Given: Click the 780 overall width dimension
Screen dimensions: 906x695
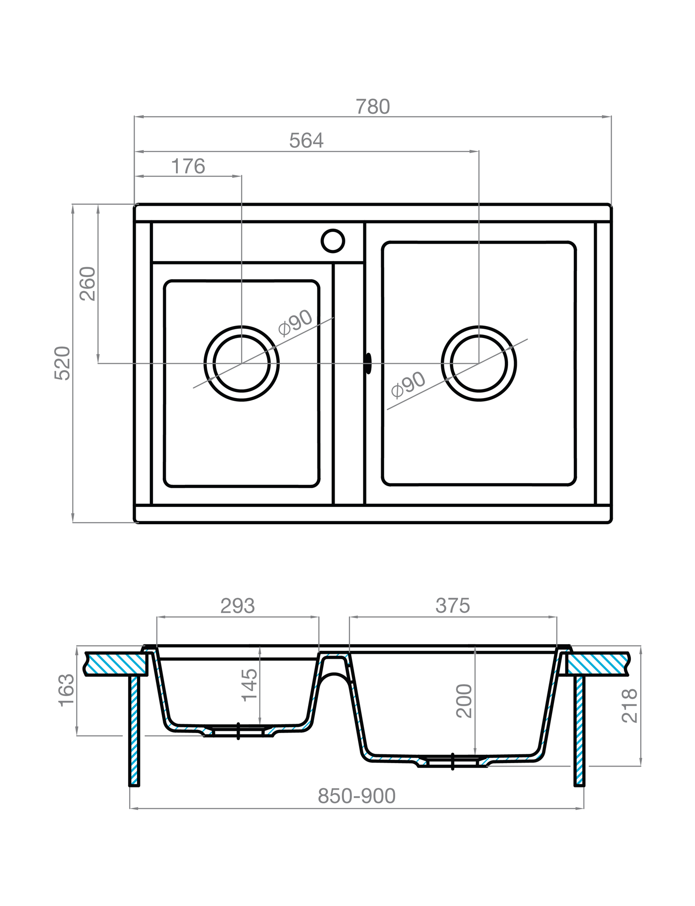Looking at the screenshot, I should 373,107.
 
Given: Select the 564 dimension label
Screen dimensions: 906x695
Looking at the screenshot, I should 306,141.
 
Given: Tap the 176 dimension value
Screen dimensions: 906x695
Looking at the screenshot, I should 188,167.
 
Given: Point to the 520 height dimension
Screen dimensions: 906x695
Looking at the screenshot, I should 62,363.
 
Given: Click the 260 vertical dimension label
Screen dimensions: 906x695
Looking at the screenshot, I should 88,284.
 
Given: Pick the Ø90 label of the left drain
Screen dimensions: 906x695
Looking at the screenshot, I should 295,322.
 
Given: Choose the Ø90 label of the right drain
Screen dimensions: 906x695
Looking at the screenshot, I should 409,384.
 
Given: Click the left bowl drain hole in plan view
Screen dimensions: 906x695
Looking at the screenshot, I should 241,363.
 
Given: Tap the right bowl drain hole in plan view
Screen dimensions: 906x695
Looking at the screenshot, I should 478,363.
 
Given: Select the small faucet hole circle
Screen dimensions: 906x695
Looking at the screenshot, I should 332,241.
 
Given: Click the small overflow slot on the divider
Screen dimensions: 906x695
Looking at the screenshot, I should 368,363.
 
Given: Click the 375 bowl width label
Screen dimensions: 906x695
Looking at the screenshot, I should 452,606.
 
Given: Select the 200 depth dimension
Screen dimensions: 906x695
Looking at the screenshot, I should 464,700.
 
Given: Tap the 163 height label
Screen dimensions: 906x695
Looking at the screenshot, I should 66,690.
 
